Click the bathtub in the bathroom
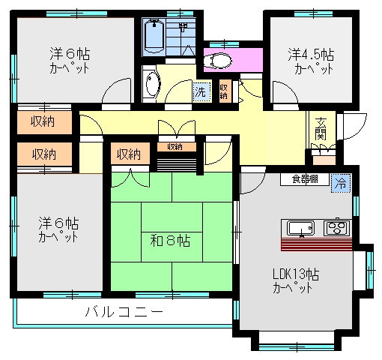pyautogui.click(x=154, y=37)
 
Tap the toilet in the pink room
pyautogui.click(x=217, y=61)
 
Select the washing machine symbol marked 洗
pyautogui.click(x=201, y=92)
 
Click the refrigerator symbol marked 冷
pyautogui.click(x=341, y=184)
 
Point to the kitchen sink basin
pyautogui.click(x=300, y=228)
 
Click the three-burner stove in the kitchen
pyautogui.click(x=336, y=227)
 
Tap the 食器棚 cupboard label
pyautogui.click(x=305, y=179)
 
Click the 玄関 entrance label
pyautogui.click(x=321, y=128)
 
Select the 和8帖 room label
pyautogui.click(x=170, y=241)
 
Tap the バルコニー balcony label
pyautogui.click(x=124, y=312)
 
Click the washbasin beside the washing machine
pyautogui.click(x=152, y=84)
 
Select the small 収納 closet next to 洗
pyautogui.click(x=224, y=91)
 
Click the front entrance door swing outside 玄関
pyautogui.click(x=353, y=126)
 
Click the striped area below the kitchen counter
pyautogui.click(x=316, y=244)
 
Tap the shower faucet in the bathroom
pyautogui.click(x=184, y=27)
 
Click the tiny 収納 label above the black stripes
pyautogui.click(x=175, y=147)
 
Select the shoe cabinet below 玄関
pyautogui.click(x=324, y=160)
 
